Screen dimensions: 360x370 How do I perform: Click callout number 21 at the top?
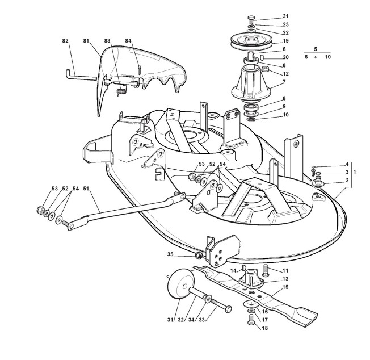click(285, 16)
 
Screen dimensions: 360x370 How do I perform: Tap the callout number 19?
click(285, 41)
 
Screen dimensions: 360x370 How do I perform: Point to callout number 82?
click(65, 41)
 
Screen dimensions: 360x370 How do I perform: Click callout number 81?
click(86, 41)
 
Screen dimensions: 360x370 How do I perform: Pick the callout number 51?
click(86, 188)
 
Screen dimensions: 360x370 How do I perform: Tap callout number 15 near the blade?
click(285, 287)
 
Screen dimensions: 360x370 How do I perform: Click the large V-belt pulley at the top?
click(250, 42)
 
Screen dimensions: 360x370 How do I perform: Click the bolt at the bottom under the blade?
click(250, 321)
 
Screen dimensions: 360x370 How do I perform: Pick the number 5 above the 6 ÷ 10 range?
click(316, 49)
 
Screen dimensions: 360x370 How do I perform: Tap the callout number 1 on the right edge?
click(355, 171)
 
